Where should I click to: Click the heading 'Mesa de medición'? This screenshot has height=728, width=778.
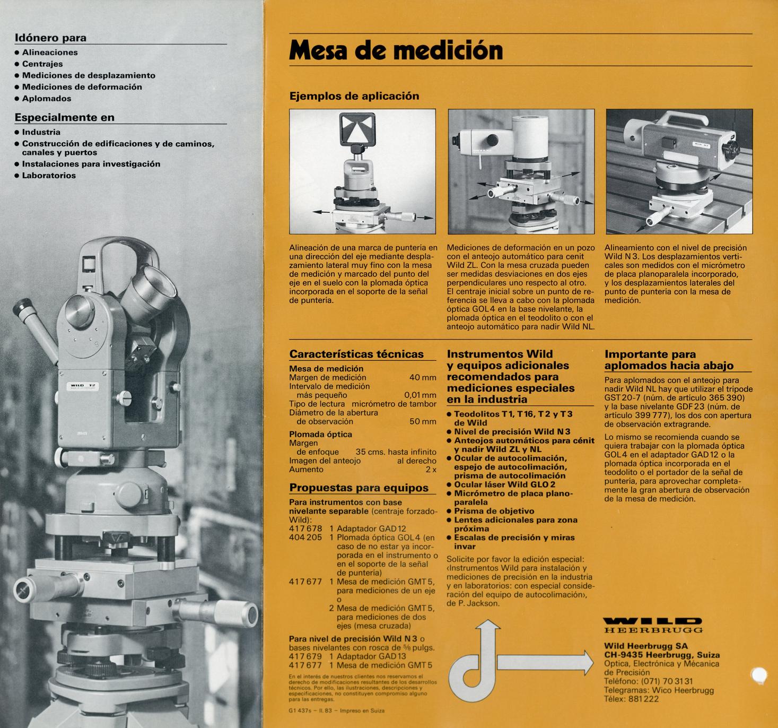[396, 50]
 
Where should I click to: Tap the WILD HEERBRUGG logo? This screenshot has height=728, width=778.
[653, 625]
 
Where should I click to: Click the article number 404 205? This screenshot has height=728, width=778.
[305, 537]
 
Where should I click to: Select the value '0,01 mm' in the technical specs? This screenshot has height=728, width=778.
[420, 395]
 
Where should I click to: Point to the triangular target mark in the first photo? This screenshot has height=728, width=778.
[357, 129]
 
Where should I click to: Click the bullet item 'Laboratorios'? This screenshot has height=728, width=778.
[49, 175]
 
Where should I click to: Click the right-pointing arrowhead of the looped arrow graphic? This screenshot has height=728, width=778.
[588, 662]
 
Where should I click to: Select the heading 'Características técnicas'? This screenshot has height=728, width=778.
[356, 354]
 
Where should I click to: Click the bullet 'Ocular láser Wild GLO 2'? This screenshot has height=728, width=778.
[504, 484]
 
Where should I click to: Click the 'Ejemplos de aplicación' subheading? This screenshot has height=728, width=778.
[354, 96]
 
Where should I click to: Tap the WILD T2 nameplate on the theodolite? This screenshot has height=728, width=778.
[82, 387]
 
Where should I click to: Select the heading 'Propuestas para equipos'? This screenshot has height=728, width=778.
[359, 488]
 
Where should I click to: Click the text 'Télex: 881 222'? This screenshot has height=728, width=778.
[631, 699]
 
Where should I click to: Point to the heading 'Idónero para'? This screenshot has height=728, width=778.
[50, 38]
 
